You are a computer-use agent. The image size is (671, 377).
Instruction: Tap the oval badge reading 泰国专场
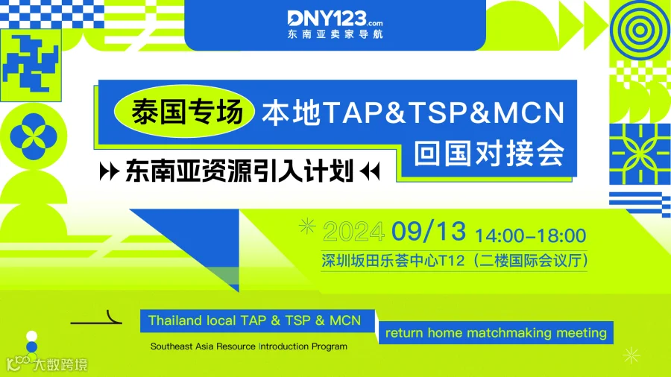(x=177, y=115)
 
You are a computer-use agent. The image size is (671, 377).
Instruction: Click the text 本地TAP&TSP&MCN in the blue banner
(x=412, y=113)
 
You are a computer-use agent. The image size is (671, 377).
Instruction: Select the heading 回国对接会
(x=489, y=153)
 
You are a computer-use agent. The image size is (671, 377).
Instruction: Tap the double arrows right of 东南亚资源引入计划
(x=369, y=171)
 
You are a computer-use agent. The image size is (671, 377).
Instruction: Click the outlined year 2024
(x=354, y=233)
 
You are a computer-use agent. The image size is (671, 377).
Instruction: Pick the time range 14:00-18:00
(x=530, y=235)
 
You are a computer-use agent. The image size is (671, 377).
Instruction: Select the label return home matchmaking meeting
(x=496, y=333)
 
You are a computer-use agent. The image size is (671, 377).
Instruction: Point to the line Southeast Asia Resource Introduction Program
(x=248, y=346)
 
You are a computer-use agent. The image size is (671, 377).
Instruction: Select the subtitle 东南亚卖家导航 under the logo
(x=334, y=34)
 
